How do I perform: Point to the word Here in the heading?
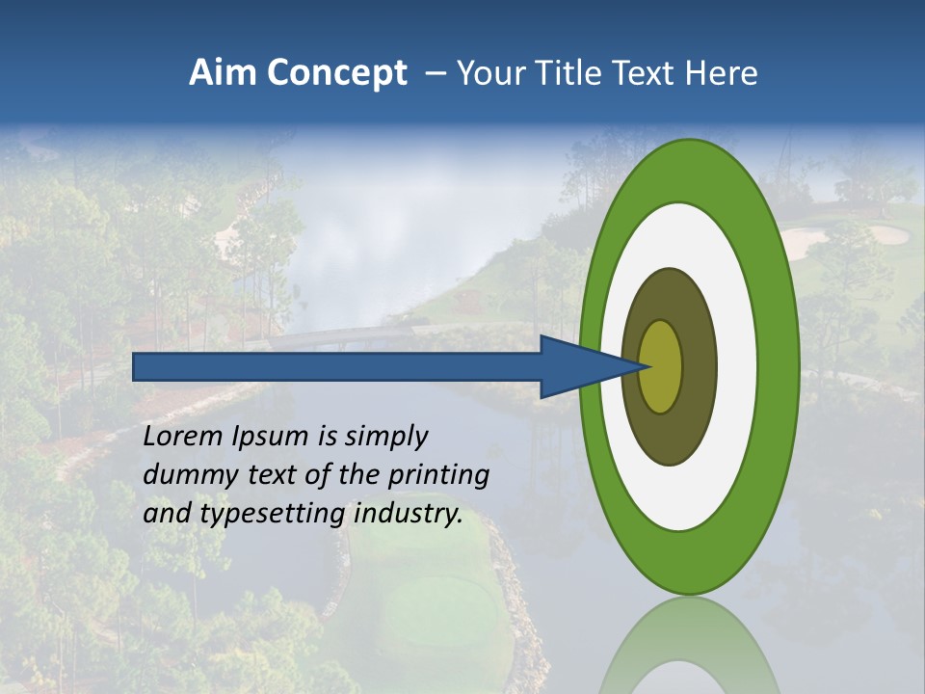[x=721, y=73]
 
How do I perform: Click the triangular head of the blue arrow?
[x=589, y=366]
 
